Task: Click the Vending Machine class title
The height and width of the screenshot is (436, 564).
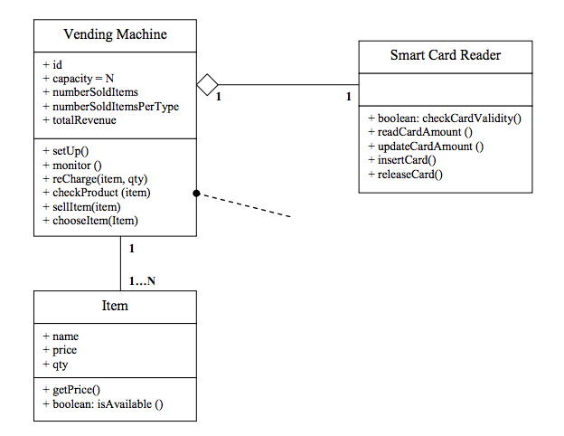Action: pos(115,35)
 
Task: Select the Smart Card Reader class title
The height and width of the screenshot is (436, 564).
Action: pos(445,55)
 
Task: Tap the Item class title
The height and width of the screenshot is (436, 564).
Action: pos(115,306)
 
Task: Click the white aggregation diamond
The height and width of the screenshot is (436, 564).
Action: pos(208,86)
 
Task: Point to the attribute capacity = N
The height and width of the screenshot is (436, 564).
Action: pos(78,79)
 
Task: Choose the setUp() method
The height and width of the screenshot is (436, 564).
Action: pos(65,151)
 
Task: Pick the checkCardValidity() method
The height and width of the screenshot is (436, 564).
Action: pos(445,118)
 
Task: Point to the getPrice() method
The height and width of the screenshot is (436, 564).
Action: pos(70,390)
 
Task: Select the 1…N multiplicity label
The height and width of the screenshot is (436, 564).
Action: pos(142,280)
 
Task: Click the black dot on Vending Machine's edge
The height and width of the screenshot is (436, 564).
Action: pos(196,193)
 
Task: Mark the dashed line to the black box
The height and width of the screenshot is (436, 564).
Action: pos(244,205)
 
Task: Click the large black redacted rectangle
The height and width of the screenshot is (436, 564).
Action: pos(408,271)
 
